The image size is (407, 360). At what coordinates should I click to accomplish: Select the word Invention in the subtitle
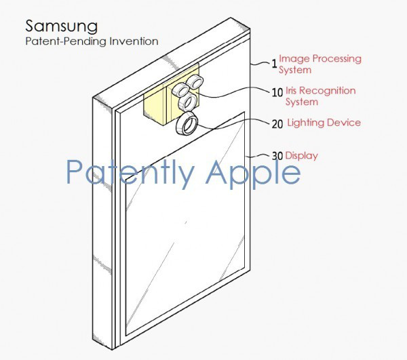(x=136, y=41)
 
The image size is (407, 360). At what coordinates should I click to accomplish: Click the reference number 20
(x=277, y=124)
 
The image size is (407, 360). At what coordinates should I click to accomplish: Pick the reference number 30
(x=277, y=156)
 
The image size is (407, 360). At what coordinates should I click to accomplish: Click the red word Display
(x=301, y=156)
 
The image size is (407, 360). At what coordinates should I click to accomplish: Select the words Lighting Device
(x=324, y=123)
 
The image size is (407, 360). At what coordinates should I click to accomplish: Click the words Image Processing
(x=319, y=59)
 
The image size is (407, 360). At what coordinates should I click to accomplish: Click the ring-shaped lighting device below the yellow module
(x=187, y=125)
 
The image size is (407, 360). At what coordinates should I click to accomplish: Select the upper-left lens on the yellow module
(x=180, y=89)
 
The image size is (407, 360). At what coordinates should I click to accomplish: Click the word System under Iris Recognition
(x=302, y=102)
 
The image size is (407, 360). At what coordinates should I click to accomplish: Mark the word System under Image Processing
(x=295, y=70)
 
